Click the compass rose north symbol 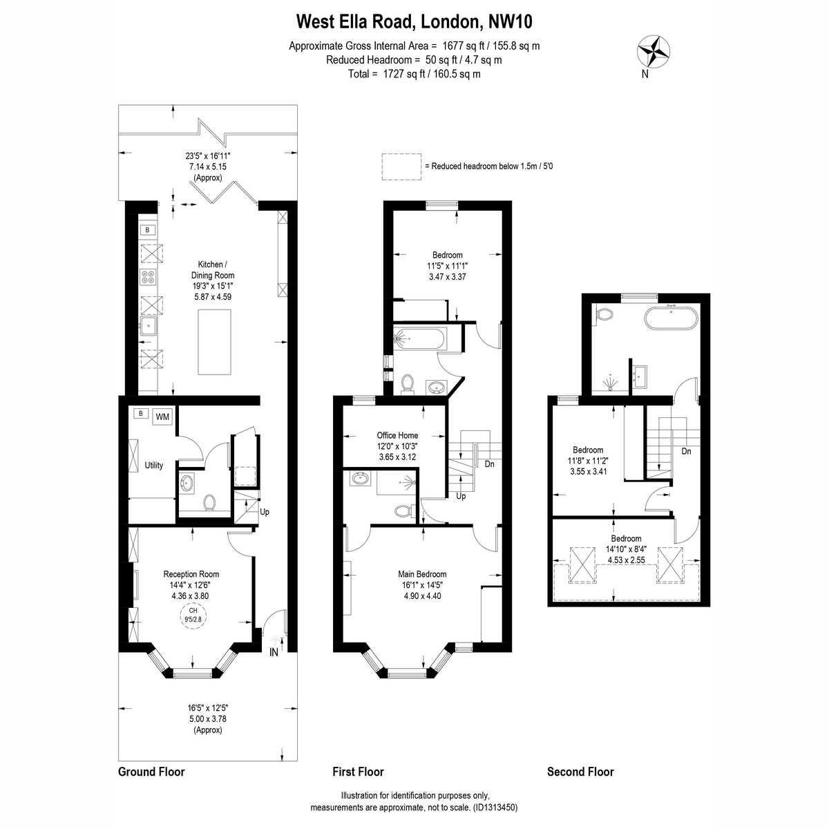point(653,52)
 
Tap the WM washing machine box point(162,417)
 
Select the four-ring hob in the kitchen point(149,276)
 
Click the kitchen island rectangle point(214,341)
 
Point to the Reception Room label point(191,574)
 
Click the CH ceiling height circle point(193,615)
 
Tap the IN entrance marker point(274,653)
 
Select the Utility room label point(153,465)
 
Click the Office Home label point(397,435)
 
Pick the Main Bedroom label point(422,574)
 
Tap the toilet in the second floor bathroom point(604,314)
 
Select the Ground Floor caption point(151,772)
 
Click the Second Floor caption point(580,772)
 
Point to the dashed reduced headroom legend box point(401,166)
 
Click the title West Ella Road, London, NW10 point(414,21)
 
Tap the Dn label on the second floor point(686,451)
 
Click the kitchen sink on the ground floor point(149,325)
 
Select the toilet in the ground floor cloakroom point(209,502)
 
